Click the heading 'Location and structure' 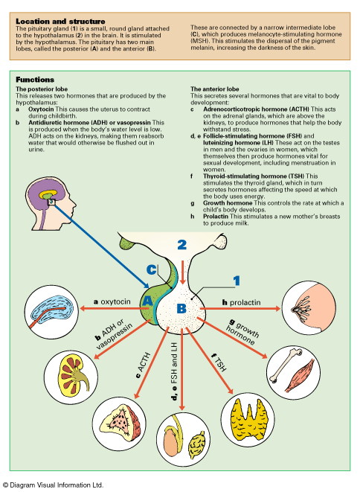(60, 22)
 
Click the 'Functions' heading (35, 80)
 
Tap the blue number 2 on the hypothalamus (182, 245)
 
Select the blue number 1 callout (237, 281)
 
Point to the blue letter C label (152, 269)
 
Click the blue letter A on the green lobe (147, 301)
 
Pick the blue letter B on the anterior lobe (181, 309)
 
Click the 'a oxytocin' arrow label (112, 301)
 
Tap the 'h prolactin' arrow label (242, 302)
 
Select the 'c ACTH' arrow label (144, 365)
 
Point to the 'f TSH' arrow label (219, 362)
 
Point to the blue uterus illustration (53, 310)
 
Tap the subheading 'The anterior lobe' (214, 89)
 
